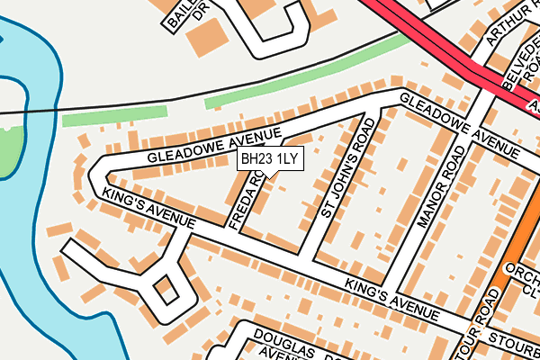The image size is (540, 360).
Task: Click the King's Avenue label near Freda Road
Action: point(148,208)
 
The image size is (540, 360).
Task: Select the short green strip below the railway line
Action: point(114,116)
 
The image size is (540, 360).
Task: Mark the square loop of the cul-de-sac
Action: point(166,291)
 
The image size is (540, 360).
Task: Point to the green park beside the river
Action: point(11,148)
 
